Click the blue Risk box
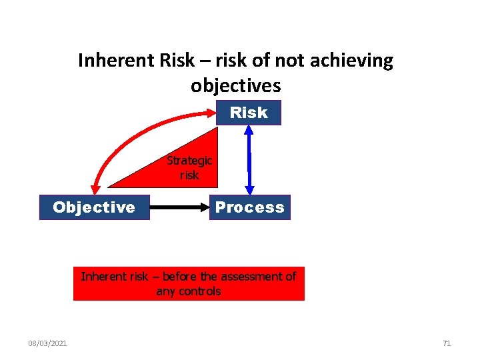pos(249,113)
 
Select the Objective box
pos(94,207)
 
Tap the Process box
pos(249,207)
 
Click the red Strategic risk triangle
pos(180,170)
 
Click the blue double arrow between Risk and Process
pos(249,160)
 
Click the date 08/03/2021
pos(47,343)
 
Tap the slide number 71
pos(447,343)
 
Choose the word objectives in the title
pos(235,86)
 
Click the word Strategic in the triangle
pos(189,161)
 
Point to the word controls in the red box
pos(197,291)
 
